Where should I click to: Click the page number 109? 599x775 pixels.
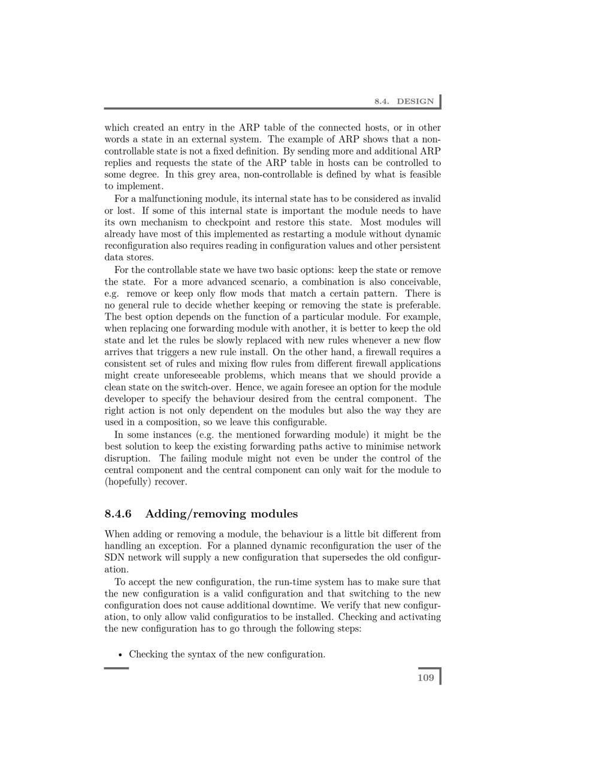tap(425, 677)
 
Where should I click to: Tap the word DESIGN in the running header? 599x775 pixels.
tap(415, 101)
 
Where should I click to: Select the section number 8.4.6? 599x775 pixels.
tap(118, 514)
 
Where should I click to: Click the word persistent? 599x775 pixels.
tap(420, 246)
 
